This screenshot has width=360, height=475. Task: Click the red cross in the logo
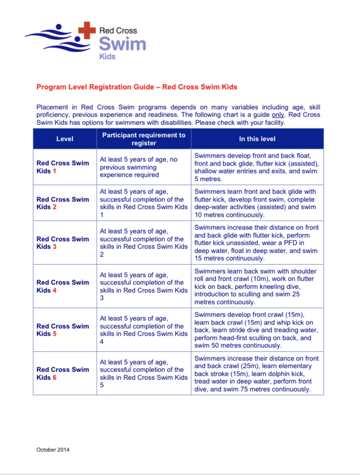pos(87,30)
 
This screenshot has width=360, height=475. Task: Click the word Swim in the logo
pos(122,44)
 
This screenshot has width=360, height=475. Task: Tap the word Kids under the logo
pos(108,57)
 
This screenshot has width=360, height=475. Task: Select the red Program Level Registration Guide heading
pos(137,87)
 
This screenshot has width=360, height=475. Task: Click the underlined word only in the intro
pos(278,115)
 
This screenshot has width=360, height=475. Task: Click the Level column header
pos(65,139)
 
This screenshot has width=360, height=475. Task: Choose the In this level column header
pos(257,139)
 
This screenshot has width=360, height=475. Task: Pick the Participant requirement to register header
pos(143,139)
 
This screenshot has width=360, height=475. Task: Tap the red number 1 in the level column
pos(54,171)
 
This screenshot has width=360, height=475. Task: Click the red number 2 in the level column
pos(54,207)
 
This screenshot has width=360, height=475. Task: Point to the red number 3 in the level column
pos(54,247)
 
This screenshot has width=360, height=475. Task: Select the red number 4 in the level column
pos(54,290)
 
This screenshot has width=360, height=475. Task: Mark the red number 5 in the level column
pos(54,334)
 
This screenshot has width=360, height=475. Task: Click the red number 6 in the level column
pos(54,377)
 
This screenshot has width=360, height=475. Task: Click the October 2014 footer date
pos(53,450)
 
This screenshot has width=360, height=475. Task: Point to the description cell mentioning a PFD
pos(257,243)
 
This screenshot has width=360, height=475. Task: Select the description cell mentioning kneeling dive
pos(256,286)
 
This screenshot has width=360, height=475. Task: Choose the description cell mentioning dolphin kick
pos(257,374)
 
